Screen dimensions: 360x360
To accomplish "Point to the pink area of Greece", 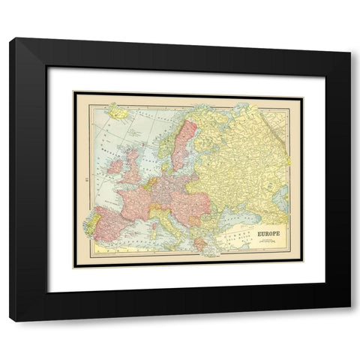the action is pyautogui.click(x=197, y=241).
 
